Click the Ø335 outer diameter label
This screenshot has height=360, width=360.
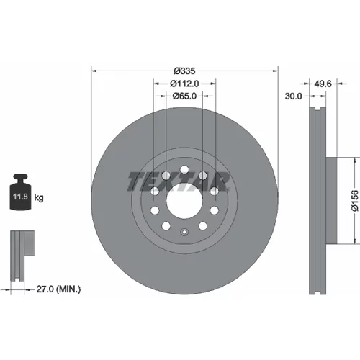pos(184,71)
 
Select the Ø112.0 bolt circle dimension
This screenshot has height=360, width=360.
pos(184,84)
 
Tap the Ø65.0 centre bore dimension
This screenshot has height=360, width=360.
pos(184,96)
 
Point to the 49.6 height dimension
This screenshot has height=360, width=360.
pos(323,84)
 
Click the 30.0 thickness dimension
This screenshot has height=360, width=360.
pos(293,96)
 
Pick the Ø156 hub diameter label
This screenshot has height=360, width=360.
pos(355,201)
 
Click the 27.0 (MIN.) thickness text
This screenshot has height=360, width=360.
pos(58,289)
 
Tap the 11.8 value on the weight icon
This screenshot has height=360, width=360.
pos(20,197)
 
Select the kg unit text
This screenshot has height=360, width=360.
pos(39,198)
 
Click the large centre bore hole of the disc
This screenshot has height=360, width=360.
pos(184,201)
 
